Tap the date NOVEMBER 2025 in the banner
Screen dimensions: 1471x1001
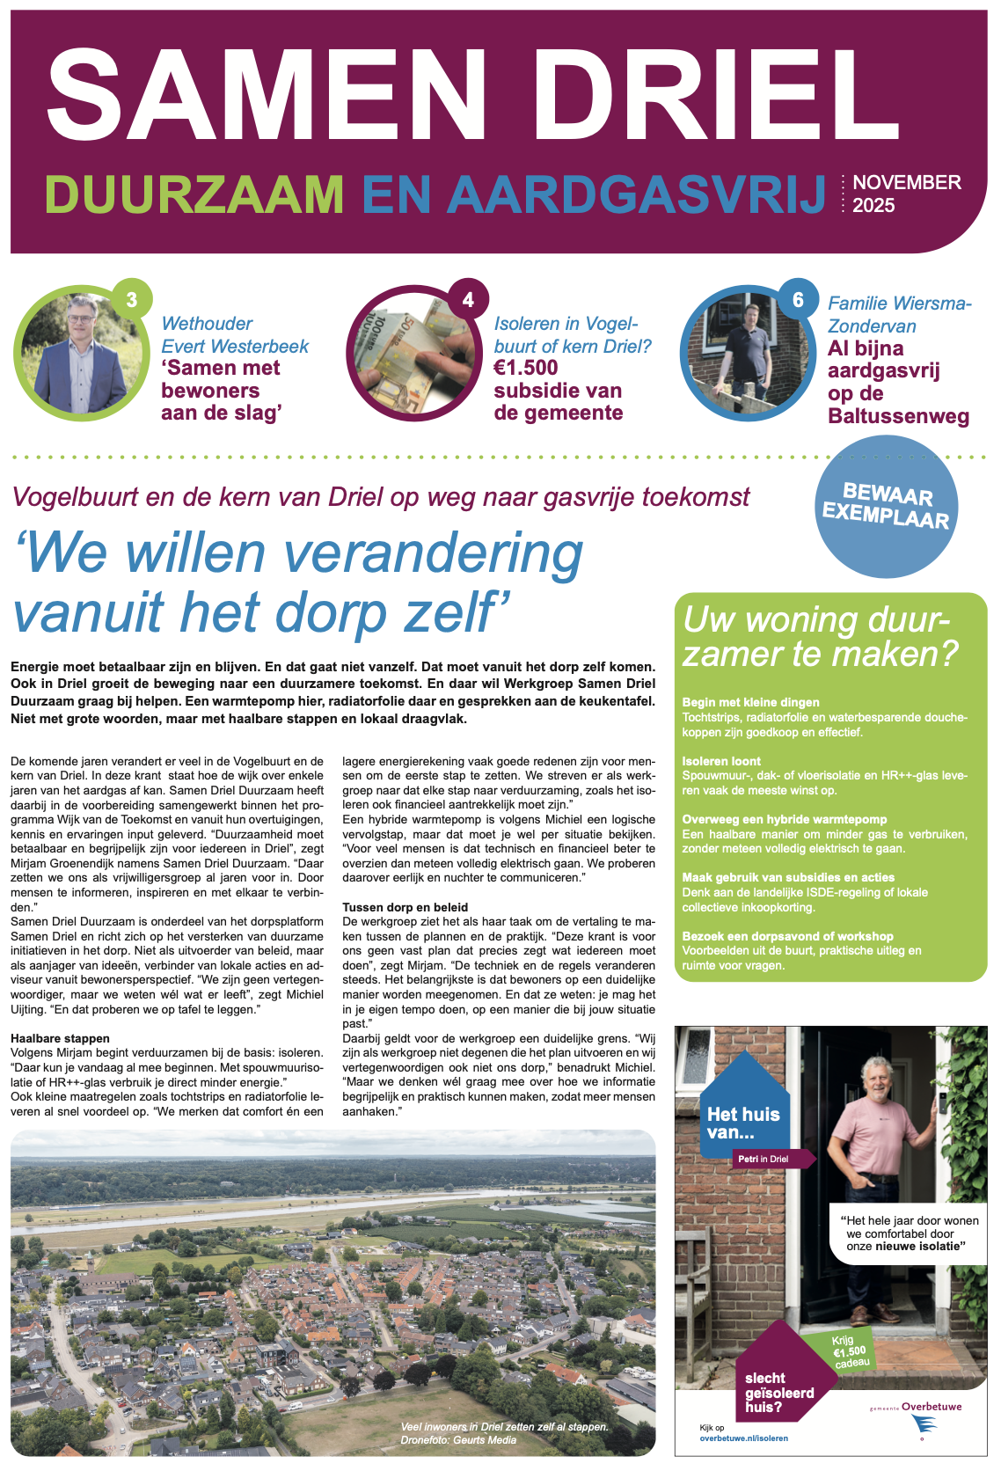pos(906,194)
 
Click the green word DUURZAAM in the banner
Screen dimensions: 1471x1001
pos(194,194)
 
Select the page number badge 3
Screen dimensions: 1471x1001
pos(132,300)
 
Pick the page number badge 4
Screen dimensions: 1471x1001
pos(468,300)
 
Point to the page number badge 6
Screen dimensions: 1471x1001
pos(798,300)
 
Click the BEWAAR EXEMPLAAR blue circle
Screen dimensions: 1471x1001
pos(885,506)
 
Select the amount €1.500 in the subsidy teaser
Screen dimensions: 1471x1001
pos(526,368)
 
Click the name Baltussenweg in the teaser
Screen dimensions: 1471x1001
pos(898,416)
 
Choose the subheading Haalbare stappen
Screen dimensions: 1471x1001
pos(60,1038)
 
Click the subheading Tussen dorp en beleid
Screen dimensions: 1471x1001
pos(405,907)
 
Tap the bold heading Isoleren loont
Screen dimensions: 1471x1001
pos(721,761)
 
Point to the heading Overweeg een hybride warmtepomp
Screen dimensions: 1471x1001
pos(785,819)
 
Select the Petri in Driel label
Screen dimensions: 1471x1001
pos(763,1159)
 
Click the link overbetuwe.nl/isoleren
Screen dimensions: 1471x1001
pos(743,1438)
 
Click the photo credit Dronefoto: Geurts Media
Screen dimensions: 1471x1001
pos(458,1440)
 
